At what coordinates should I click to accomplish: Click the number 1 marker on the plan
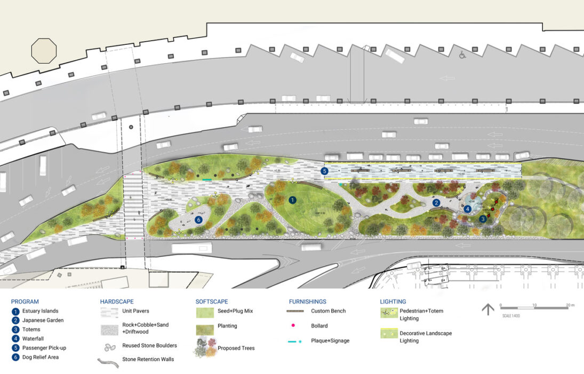pos(292,200)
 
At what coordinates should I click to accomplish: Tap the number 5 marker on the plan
pos(325,171)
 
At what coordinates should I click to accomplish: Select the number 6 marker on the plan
pos(199,220)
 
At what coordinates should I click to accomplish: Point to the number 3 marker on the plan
pos(483,219)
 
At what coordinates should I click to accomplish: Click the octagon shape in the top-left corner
pos(44,51)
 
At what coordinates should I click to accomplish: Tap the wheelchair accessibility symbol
pos(462,54)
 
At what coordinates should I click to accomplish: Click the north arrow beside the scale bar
pos(487,309)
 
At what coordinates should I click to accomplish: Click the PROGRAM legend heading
pos(25,302)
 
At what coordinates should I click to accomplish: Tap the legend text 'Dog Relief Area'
pos(41,357)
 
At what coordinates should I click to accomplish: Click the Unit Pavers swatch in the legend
pos(109,311)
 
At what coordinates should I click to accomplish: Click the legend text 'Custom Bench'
pos(329,311)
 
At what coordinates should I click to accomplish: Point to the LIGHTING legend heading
pos(393,302)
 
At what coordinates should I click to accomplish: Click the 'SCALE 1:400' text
pos(510,315)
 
